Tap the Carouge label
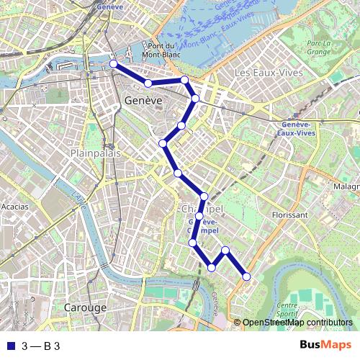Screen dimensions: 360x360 (x=86, y=307)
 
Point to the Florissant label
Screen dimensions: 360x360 (x=290, y=214)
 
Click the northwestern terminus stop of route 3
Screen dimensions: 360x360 (x=113, y=64)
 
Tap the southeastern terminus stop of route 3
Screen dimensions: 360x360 (x=246, y=276)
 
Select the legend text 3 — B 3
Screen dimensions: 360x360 (x=41, y=346)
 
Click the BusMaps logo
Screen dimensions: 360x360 (x=325, y=346)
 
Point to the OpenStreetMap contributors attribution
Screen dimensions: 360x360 (x=297, y=323)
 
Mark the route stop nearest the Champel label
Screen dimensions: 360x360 (x=204, y=197)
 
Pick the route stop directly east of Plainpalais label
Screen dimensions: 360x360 (x=163, y=144)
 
